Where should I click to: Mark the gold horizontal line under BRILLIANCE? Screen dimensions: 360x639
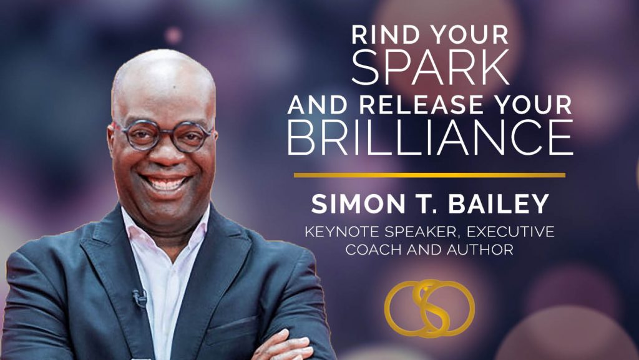click(429, 175)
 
